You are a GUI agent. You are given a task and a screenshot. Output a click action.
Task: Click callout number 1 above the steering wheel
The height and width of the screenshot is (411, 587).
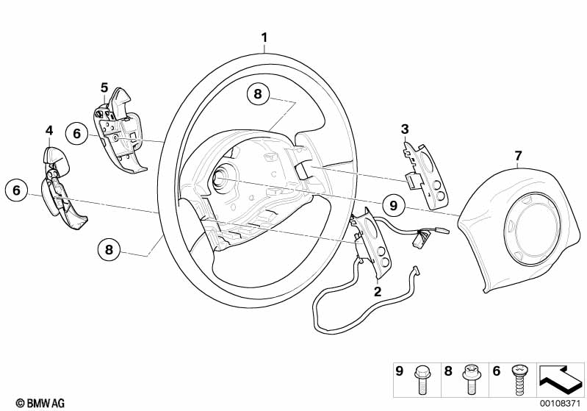point(265,37)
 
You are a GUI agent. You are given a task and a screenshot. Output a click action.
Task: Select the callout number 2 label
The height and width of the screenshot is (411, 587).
point(378,291)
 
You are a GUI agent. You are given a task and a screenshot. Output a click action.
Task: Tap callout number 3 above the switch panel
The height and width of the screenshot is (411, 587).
point(404,129)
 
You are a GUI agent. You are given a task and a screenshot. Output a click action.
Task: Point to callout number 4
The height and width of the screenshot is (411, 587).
point(49,131)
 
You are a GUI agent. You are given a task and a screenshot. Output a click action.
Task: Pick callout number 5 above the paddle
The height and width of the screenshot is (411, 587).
point(104,87)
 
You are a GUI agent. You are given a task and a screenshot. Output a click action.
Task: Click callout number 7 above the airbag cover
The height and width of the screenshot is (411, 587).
point(518,155)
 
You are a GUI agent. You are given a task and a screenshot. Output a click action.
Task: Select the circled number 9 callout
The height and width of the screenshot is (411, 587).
point(393,206)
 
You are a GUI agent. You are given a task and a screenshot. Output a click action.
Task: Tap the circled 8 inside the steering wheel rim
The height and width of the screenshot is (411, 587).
point(257,93)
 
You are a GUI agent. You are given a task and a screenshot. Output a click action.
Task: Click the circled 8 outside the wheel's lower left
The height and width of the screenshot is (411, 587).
point(109,250)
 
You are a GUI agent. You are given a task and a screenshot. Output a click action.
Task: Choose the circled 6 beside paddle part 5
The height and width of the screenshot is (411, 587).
point(75,134)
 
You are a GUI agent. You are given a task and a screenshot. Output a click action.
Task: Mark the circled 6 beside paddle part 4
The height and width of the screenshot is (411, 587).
point(16,190)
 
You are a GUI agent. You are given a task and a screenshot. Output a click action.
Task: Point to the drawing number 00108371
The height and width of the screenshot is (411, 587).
point(562,403)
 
